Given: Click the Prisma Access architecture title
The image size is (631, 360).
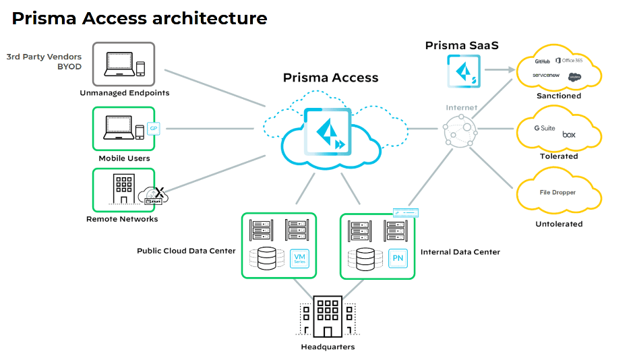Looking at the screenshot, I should point(140,18).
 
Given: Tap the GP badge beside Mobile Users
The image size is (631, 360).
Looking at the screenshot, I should point(153,128).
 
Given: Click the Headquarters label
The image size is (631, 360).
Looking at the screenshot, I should point(328,347).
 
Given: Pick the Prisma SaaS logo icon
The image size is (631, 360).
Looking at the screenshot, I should point(464,71).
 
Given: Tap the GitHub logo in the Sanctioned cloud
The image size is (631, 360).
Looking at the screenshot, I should point(543,61).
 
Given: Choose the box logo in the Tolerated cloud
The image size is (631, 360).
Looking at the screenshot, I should point(569,135).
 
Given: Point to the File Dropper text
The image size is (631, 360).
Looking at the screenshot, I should point(558,193).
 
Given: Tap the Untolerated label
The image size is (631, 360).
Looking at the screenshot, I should point(559,224).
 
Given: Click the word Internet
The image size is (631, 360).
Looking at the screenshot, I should point(461,108).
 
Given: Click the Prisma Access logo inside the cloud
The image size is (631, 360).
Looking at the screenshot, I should point(326,131).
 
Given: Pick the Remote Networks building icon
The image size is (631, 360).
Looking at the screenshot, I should point(123,189).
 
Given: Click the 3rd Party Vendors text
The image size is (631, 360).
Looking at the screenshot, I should point(44,57).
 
